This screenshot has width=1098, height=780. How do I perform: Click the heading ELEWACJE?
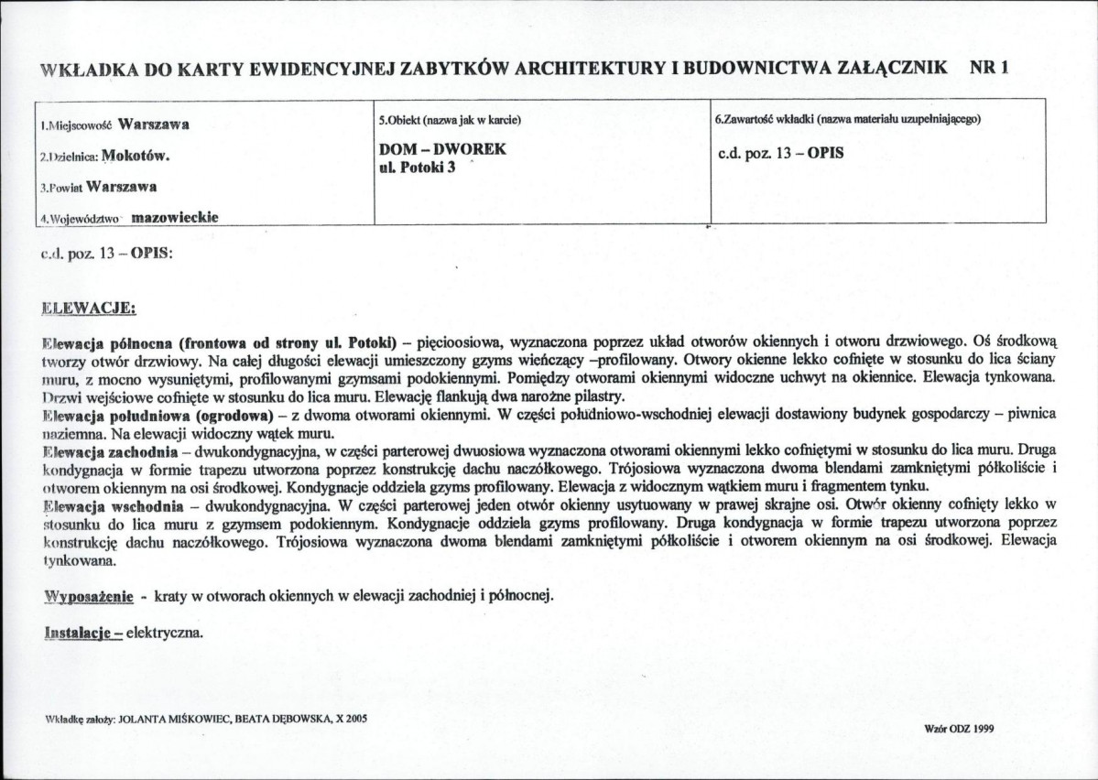click(89, 308)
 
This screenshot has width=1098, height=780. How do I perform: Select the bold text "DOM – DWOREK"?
click(442, 149)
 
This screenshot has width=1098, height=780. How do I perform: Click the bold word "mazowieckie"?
click(174, 218)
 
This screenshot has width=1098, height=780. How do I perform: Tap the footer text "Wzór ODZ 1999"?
click(960, 729)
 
